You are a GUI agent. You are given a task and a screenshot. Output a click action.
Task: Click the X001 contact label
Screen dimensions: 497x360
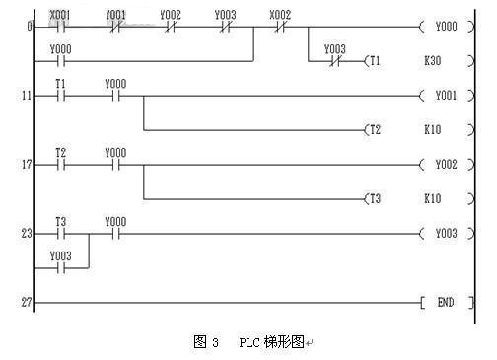point(59,15)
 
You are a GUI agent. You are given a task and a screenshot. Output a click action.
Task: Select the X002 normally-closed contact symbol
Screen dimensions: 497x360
point(280,27)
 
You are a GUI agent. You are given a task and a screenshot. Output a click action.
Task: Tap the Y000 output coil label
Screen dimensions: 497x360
point(446,27)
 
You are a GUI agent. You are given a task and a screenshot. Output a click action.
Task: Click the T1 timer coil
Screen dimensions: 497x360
point(373,61)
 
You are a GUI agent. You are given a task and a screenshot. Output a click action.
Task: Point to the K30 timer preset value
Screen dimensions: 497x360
point(433,61)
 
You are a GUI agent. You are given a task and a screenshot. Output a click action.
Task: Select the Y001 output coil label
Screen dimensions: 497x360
point(446,96)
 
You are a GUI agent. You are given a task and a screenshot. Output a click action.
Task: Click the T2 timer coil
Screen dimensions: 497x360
point(373,130)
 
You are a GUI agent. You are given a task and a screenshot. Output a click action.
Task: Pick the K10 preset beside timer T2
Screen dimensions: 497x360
point(433,130)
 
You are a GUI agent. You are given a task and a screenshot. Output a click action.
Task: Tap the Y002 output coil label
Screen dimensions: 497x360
point(446,165)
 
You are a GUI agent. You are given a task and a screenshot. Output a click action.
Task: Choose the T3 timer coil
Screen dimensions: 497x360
point(373,199)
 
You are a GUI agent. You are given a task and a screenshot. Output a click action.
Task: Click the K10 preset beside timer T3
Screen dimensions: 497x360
point(433,199)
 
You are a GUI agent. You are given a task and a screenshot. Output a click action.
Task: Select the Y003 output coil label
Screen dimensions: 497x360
point(446,234)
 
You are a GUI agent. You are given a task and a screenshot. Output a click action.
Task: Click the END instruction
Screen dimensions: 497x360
point(446,302)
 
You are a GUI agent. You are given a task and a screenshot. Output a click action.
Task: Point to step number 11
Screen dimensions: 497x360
point(27,96)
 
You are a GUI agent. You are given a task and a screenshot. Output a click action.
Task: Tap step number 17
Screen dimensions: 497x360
point(27,165)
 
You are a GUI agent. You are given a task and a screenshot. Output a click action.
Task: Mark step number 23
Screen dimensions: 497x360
point(27,234)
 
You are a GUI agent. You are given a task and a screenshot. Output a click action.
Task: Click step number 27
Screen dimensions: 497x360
point(27,302)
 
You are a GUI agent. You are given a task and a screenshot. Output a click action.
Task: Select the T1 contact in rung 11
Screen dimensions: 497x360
point(61,96)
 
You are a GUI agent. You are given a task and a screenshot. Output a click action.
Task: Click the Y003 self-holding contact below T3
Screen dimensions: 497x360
point(61,268)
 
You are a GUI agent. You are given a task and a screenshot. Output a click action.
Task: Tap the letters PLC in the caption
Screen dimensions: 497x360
point(249,343)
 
